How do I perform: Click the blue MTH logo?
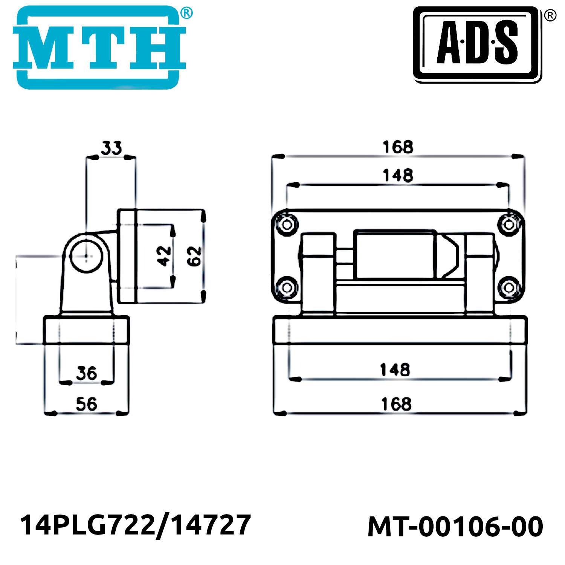click(x=99, y=47)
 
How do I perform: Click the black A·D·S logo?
click(x=478, y=44)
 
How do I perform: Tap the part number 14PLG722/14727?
click(x=135, y=525)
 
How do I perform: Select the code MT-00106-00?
click(x=455, y=527)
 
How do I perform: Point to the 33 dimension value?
click(x=111, y=148)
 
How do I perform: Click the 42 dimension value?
click(x=164, y=256)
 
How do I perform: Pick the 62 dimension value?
click(x=194, y=256)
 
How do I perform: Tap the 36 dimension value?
click(x=87, y=373)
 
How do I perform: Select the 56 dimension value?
click(x=87, y=404)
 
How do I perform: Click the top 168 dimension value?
click(x=398, y=147)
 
